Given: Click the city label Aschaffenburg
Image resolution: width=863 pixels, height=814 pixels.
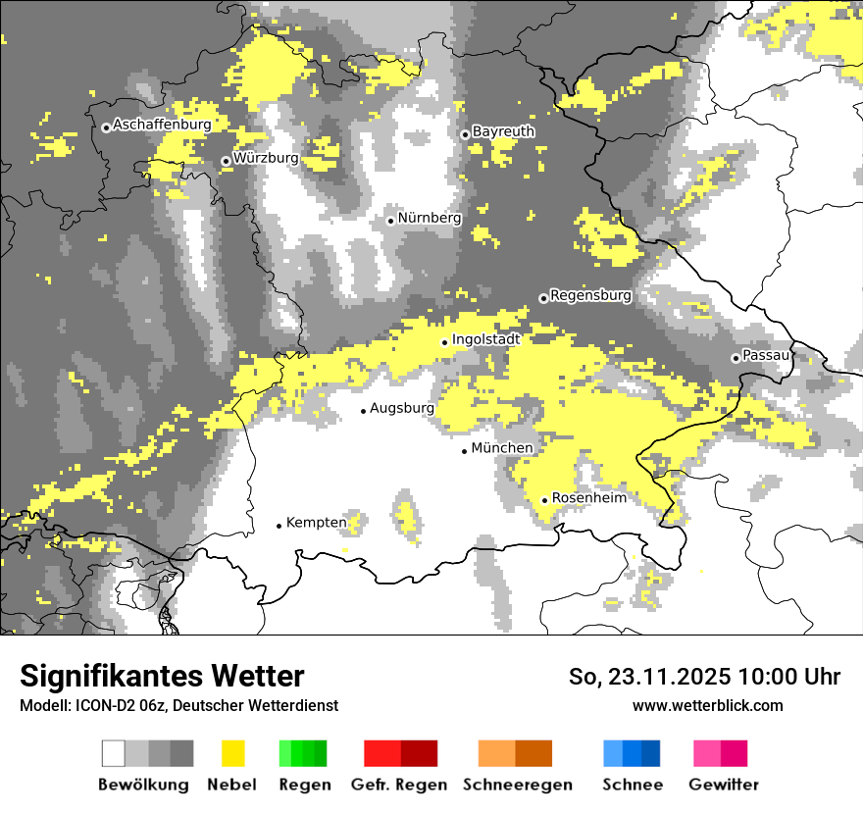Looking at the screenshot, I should pos(162,126).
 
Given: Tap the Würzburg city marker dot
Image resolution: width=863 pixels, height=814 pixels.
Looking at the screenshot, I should pos(226,161).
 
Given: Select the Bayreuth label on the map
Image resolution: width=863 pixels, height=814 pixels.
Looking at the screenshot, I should pos(503,131).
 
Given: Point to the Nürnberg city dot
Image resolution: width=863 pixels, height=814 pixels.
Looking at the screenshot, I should pos(390,221).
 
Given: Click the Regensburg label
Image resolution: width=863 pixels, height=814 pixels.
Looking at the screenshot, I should pos(590,295).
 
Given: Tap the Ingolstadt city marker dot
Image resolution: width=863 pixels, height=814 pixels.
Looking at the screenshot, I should pos(444,342).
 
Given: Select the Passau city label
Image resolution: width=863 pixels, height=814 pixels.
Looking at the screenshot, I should pos(766,355).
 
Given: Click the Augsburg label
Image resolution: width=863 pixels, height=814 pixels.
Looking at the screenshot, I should pos(401,408).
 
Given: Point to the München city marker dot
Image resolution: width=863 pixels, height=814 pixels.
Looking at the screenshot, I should pos(465,451).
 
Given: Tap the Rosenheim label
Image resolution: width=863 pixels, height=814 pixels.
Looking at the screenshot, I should pos(588,498).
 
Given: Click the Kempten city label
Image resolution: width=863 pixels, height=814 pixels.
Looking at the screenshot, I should pos(316,523).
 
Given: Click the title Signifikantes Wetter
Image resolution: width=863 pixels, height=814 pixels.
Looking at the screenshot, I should pos(162,677).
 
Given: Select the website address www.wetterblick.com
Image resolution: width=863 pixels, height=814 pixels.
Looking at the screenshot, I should pos(707,705).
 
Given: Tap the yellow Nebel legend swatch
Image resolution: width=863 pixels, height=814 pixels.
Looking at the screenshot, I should pos(232,753).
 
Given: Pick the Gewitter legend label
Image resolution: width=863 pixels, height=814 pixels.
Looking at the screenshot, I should pos(723,785).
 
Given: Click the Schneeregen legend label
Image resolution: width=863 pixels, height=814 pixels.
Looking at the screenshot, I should pos(517,785).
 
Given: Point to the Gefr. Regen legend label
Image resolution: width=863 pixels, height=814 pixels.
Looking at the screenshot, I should pos(399,785).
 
